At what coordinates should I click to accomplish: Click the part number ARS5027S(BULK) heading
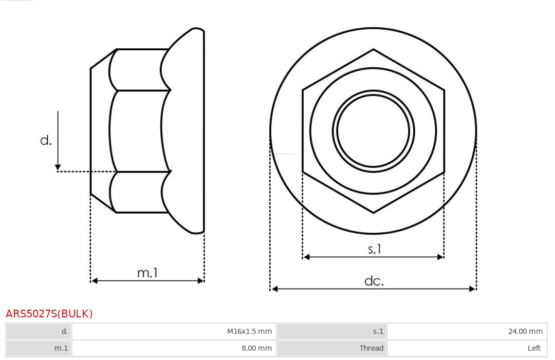(49, 314)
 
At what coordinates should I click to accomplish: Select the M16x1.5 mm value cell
(174, 331)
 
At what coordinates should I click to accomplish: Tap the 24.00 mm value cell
(467, 331)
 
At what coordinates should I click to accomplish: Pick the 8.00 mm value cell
(174, 348)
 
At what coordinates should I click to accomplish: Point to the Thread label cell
(332, 348)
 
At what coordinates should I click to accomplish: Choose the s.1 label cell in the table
(332, 331)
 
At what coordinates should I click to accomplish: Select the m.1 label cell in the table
(39, 348)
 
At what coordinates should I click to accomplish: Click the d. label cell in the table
(39, 331)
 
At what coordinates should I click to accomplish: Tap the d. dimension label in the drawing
(46, 140)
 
